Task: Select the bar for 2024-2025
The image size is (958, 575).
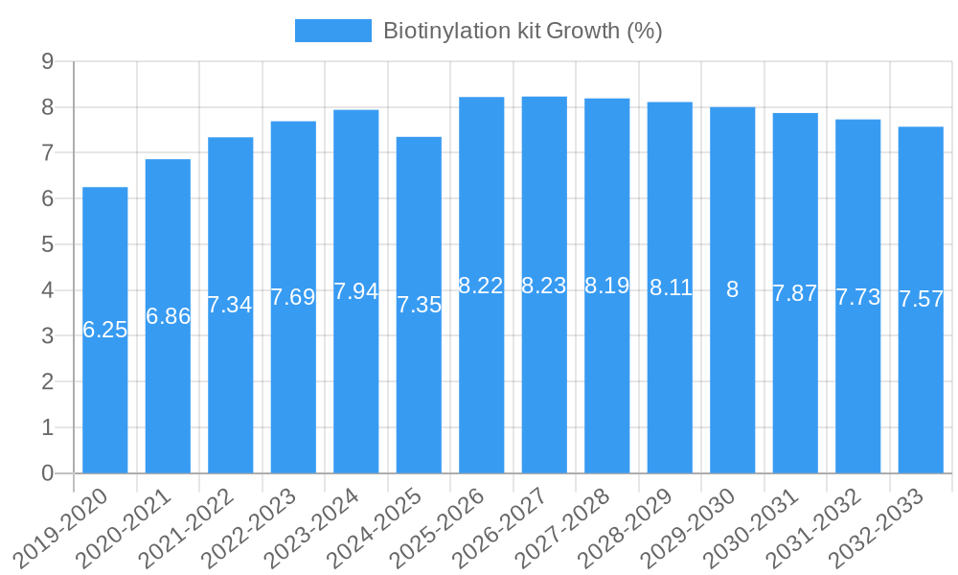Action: pos(419,383)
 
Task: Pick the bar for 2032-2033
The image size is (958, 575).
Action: pos(921,383)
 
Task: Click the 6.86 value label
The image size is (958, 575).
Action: pos(168,316)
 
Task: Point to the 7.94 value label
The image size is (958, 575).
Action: pos(356,291)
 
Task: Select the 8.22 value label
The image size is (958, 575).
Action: pos(481,286)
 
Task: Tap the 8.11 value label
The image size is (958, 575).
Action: pos(670,287)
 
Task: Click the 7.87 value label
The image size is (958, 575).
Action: pos(795,293)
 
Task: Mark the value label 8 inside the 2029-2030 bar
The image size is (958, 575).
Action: pos(732,289)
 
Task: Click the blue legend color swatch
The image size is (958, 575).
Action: pos(332,31)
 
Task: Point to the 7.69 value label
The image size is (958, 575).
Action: pos(293,297)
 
